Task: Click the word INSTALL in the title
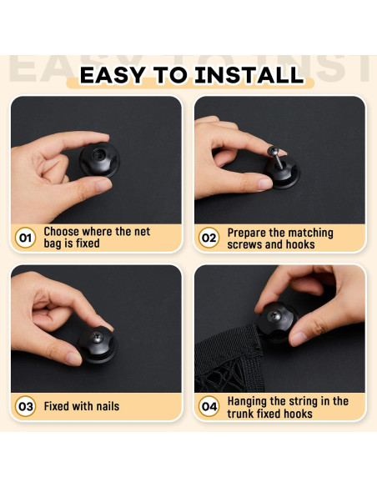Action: coord(249,75)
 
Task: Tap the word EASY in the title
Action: coord(113,75)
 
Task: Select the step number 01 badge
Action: coord(25,238)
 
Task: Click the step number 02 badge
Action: coord(209,238)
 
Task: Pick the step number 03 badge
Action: coord(25,406)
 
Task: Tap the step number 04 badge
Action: coord(209,406)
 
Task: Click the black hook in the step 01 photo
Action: coord(99,159)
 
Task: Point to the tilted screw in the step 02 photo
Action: coord(276,157)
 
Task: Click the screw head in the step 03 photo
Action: coord(97,337)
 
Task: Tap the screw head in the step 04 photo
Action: coord(274,316)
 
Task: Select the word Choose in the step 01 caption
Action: coord(62,231)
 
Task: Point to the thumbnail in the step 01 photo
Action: coord(103,185)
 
